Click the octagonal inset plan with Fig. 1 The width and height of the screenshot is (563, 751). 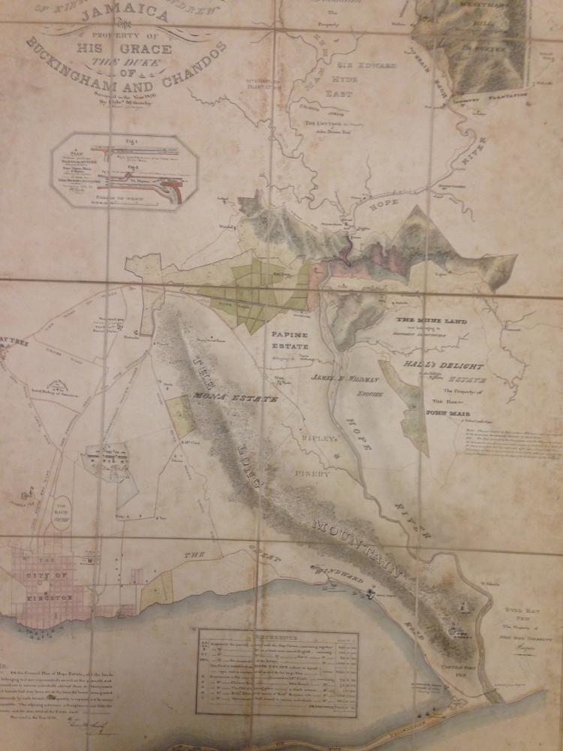125,171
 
